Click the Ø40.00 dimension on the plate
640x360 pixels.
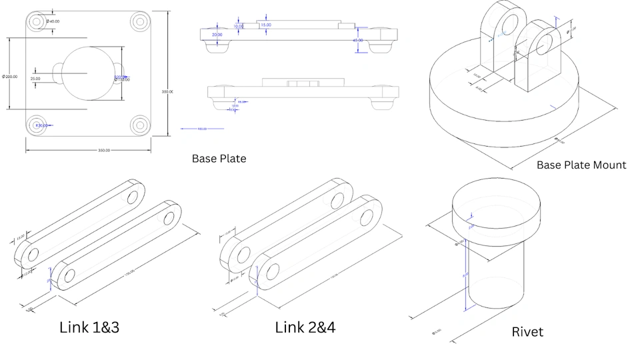tap(53, 21)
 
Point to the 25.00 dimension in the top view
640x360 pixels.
tap(35, 79)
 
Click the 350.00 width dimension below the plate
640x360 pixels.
tap(104, 151)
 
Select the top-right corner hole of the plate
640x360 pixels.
tap(140, 21)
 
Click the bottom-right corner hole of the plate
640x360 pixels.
tap(140, 124)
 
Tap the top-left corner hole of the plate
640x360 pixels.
tap(37, 21)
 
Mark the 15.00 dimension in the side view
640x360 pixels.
tap(266, 25)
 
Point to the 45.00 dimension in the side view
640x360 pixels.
tap(358, 41)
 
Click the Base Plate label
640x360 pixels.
tap(219, 159)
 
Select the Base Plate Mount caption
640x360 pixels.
tap(581, 165)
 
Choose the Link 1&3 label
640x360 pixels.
tap(89, 327)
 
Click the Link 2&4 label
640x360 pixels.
tap(305, 327)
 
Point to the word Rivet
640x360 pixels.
tap(527, 331)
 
